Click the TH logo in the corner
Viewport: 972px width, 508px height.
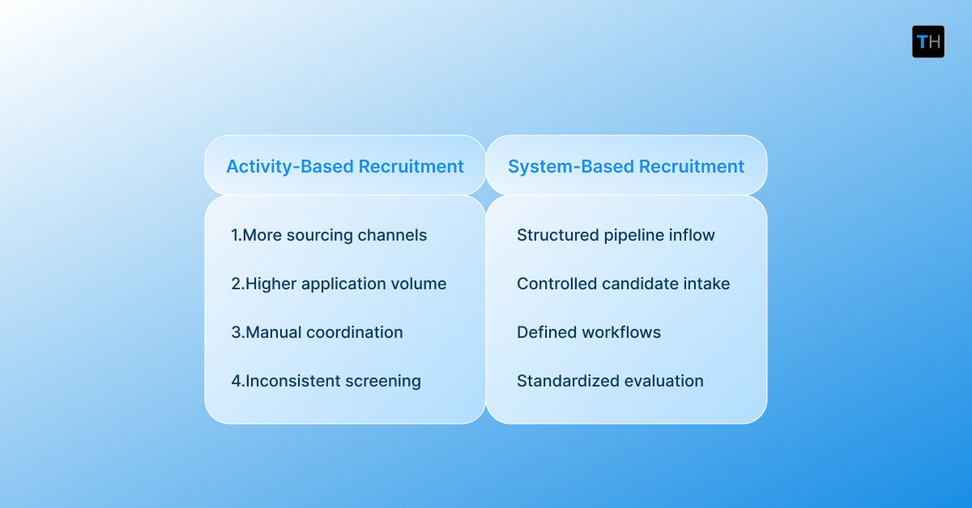click(927, 41)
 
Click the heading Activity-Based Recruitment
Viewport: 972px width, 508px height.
click(345, 166)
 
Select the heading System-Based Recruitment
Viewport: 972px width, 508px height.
click(626, 166)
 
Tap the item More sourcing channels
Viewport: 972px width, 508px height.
click(329, 235)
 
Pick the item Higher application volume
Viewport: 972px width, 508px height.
click(339, 284)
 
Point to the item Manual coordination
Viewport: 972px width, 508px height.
click(317, 332)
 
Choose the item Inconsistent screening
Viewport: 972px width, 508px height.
click(326, 381)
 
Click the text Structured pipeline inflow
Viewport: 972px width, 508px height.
click(616, 235)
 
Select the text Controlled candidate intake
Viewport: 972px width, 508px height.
click(623, 284)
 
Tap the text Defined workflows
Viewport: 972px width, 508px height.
click(589, 332)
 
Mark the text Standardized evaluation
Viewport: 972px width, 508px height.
click(610, 381)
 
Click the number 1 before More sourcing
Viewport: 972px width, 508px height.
click(235, 235)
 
